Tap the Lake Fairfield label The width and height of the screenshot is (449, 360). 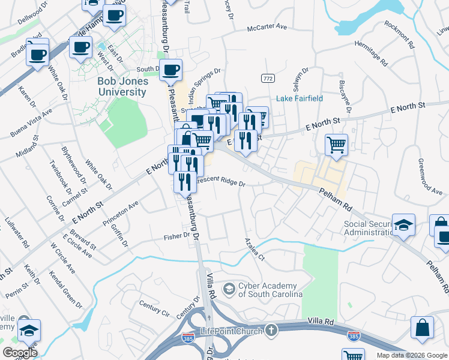click(x=300, y=98)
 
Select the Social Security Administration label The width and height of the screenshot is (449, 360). click(x=368, y=229)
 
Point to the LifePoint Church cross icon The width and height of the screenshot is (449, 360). click(x=271, y=331)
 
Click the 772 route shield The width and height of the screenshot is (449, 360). click(x=268, y=79)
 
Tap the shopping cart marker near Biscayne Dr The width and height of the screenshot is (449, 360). click(x=337, y=144)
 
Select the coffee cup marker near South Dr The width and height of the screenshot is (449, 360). click(x=171, y=70)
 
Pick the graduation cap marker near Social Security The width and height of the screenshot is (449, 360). click(x=405, y=224)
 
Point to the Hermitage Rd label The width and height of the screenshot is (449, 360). click(x=376, y=53)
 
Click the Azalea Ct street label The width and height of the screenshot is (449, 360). click(x=254, y=248)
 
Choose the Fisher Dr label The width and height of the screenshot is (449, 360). click(x=176, y=236)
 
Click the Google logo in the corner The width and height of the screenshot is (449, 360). click(x=20, y=353)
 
